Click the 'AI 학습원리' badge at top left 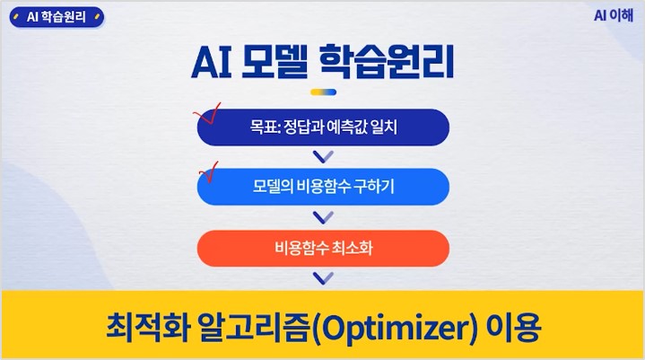click(57, 17)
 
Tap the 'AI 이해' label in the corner click(614, 15)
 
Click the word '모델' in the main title click(275, 62)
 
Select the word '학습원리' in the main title click(387, 62)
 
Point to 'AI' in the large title click(212, 63)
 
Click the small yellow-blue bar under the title click(323, 92)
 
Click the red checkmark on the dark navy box click(208, 113)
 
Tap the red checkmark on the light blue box click(209, 172)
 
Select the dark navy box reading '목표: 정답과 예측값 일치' click(323, 127)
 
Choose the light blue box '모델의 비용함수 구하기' click(323, 187)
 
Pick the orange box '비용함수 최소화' click(323, 248)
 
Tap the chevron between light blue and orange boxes click(323, 218)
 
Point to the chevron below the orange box click(323, 279)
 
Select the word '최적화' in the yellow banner click(148, 327)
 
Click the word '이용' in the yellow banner click(513, 327)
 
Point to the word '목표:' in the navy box click(266, 127)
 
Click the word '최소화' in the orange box click(353, 248)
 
